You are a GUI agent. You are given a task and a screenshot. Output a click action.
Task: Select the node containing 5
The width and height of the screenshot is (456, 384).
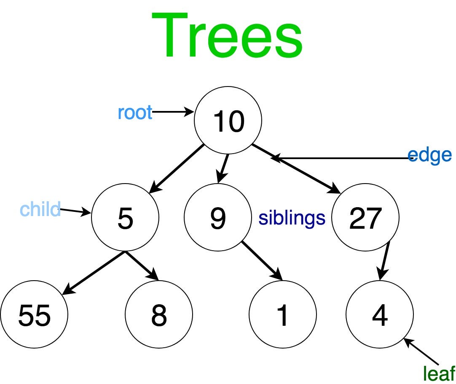point(125,217)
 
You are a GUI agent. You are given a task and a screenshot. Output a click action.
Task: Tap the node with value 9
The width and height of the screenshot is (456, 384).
point(217,217)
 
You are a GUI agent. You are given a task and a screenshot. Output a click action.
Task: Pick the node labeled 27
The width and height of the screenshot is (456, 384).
point(365,217)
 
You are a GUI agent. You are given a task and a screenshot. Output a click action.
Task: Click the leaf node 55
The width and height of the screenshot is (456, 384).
point(34,314)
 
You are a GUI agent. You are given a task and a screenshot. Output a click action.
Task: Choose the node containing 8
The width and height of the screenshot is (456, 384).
point(159,314)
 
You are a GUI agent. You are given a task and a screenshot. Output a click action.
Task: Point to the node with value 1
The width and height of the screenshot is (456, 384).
point(282,314)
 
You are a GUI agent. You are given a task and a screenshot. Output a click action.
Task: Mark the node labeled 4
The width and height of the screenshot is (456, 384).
point(379,314)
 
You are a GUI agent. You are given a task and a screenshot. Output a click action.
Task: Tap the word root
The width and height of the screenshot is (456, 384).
point(135,113)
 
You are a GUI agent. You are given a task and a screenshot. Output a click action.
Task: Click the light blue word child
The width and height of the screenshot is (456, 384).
point(40,209)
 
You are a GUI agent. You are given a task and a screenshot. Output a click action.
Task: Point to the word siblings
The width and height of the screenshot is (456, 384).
point(292,218)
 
